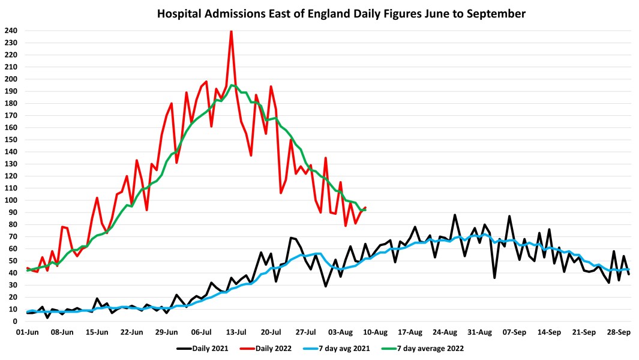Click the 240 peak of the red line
pyautogui.click(x=232, y=31)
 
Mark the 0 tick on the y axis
pyautogui.click(x=16, y=322)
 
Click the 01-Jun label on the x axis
pyautogui.click(x=28, y=332)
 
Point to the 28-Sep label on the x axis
pyautogui.click(x=619, y=332)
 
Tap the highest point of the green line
pyautogui.click(x=232, y=85)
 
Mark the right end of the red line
pyautogui.click(x=365, y=208)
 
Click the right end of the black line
pyautogui.click(x=629, y=274)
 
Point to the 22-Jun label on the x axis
pyautogui.click(x=132, y=332)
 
